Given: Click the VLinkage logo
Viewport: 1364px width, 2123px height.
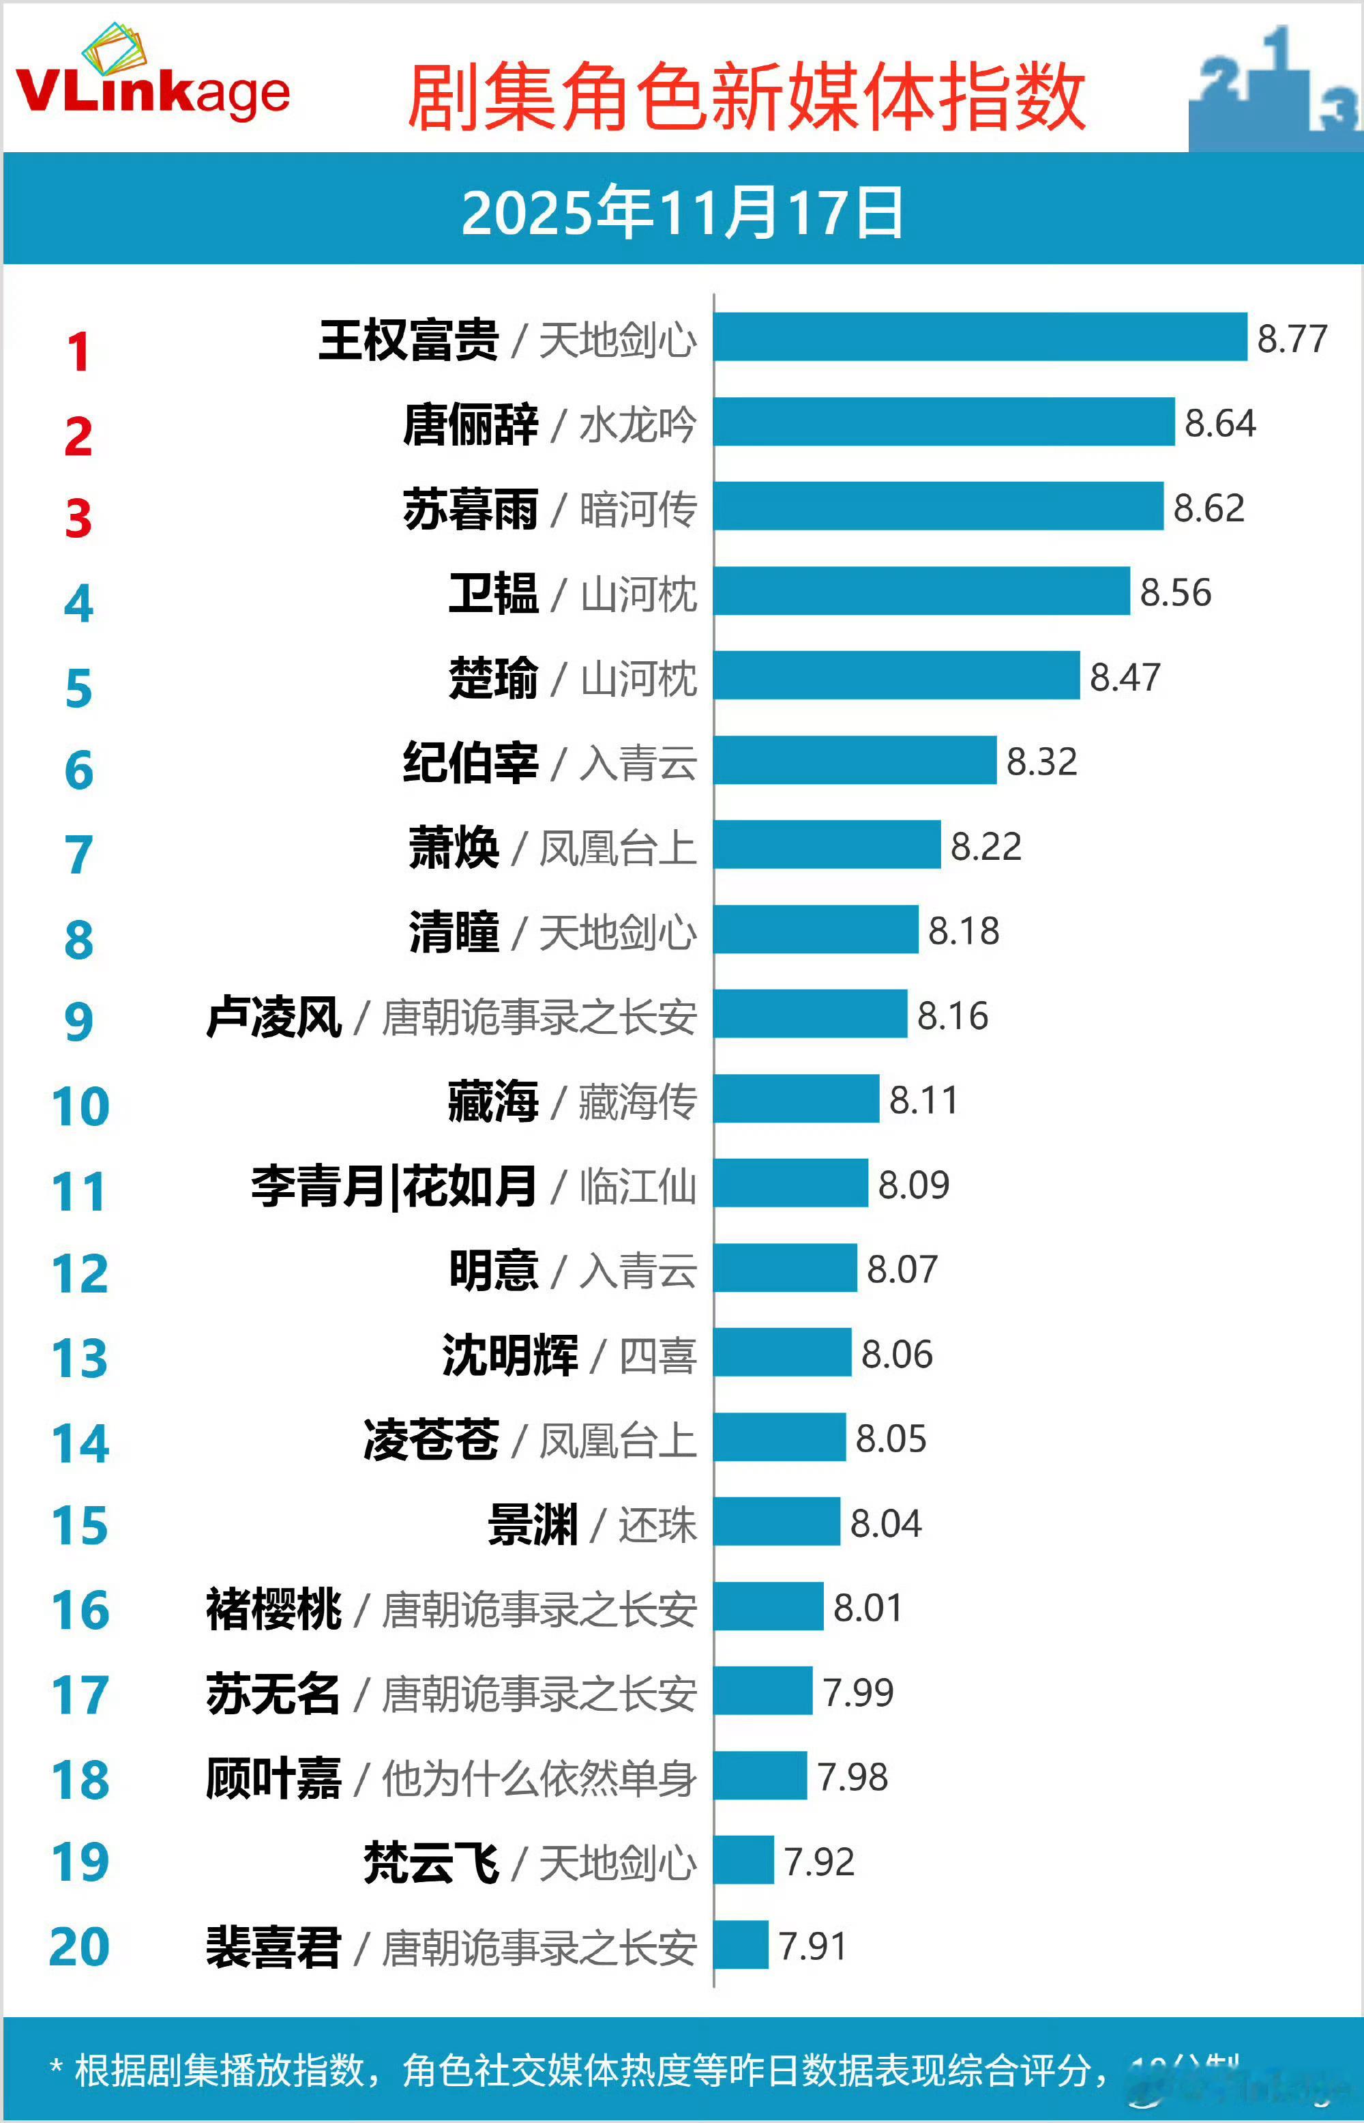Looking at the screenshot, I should [x=152, y=80].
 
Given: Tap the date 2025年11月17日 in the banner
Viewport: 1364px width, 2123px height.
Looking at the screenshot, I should [x=682, y=213].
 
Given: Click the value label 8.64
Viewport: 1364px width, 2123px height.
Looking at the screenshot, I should [x=1219, y=422].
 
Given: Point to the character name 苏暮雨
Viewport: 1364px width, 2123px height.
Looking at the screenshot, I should [x=471, y=508].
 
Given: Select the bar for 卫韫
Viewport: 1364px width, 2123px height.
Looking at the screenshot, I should [x=921, y=591].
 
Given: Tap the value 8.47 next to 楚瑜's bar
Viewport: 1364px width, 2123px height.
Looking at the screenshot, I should [x=1124, y=677].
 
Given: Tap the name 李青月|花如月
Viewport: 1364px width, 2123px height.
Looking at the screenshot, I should [x=394, y=1185].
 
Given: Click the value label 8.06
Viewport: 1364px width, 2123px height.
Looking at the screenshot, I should [x=896, y=1354].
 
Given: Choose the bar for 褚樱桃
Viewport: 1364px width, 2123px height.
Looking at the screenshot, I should [x=768, y=1606].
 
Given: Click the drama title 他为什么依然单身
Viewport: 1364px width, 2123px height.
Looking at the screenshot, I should [x=539, y=1778].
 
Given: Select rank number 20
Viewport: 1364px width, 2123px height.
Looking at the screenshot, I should [x=80, y=1948].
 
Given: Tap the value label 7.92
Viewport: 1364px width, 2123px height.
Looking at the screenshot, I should [x=818, y=1861].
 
